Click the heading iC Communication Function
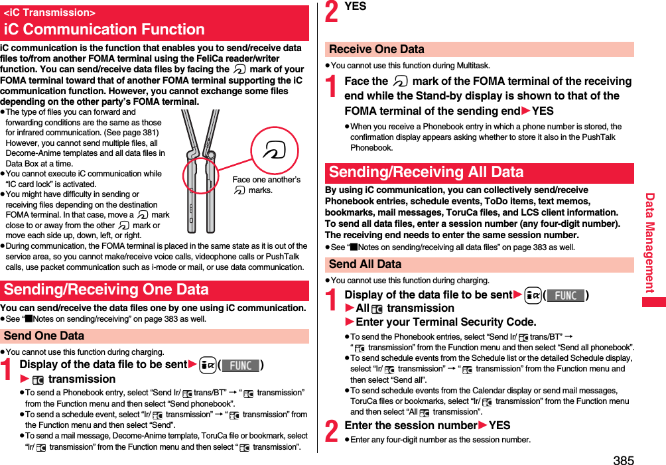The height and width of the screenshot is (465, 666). pos(104,29)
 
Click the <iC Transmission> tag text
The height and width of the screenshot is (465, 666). pos(49,13)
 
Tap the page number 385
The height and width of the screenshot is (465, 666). pos(623,459)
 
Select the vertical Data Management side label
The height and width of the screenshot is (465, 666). pos(650,243)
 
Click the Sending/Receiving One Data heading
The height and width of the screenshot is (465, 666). pos(106,290)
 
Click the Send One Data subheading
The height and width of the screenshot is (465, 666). pos(44,336)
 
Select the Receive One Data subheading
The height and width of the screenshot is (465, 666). pos(377,49)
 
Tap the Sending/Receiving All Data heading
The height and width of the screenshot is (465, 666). pos(426,172)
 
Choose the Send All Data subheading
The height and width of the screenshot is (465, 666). pos(366,264)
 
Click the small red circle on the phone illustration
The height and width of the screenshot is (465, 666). pos(200,175)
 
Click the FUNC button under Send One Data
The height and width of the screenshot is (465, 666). pos(240,365)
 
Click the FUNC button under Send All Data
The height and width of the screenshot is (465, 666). pos(565,295)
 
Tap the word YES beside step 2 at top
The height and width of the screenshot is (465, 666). pos(356,6)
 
